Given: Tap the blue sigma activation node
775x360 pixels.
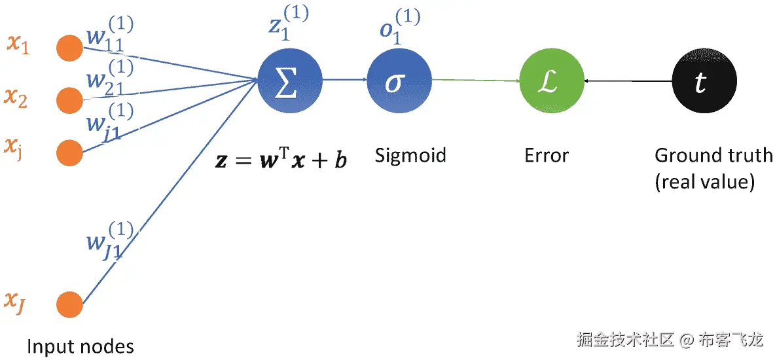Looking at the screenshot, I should tap(399, 81).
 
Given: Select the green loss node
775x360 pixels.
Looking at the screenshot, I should tap(551, 81).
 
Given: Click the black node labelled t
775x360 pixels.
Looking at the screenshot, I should tap(704, 81).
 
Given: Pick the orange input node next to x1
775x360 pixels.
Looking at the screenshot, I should tap(69, 48).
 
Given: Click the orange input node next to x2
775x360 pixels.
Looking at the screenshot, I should tap(69, 100).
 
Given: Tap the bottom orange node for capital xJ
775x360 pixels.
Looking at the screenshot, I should tap(69, 304).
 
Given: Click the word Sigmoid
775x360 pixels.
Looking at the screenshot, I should tap(410, 156).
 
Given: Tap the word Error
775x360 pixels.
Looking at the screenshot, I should tap(547, 156).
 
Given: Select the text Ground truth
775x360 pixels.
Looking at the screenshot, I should tap(713, 156).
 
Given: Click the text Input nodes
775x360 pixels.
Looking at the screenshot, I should tap(81, 346).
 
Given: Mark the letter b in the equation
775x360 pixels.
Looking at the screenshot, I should tap(340, 160).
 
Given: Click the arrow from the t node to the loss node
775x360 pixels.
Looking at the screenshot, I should tap(628, 81).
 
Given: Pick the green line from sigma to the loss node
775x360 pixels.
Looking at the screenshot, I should tap(475, 81).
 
